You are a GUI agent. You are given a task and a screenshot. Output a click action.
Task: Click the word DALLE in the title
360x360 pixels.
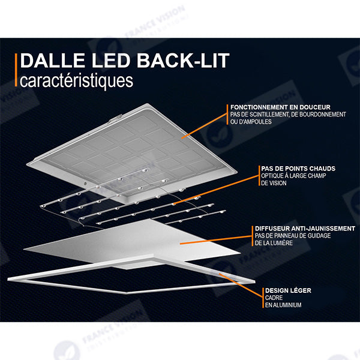click(x=53, y=61)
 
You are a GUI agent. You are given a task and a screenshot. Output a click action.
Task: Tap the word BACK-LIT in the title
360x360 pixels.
click(x=183, y=61)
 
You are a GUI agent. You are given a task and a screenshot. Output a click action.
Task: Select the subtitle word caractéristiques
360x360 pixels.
click(x=76, y=81)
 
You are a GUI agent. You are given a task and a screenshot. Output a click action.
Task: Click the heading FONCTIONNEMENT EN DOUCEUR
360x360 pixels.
click(x=280, y=107)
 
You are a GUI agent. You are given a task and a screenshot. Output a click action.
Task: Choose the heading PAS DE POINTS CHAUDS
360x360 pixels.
click(x=298, y=169)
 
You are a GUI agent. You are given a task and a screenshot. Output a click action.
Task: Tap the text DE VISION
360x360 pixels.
click(x=274, y=183)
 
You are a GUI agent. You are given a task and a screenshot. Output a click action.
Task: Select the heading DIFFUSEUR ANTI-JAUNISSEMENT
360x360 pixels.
click(x=305, y=229)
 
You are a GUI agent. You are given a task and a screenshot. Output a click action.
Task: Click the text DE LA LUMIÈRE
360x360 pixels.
click(x=274, y=243)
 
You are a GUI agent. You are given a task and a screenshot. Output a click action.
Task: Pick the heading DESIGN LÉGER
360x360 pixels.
click(x=288, y=290)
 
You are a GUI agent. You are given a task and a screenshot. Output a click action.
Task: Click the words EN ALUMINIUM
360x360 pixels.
click(x=283, y=305)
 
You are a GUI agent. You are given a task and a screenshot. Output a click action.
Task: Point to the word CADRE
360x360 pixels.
click(x=274, y=298)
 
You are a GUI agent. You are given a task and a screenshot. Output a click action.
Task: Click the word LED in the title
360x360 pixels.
click(x=111, y=61)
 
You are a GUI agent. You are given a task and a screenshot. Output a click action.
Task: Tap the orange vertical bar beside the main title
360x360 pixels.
click(x=16, y=70)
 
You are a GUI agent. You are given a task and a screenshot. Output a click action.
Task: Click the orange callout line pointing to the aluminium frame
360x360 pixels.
click(x=241, y=284)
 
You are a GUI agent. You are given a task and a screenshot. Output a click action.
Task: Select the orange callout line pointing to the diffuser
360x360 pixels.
click(x=215, y=239)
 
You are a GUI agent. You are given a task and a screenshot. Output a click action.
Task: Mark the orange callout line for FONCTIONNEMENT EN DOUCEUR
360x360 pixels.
click(x=204, y=125)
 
